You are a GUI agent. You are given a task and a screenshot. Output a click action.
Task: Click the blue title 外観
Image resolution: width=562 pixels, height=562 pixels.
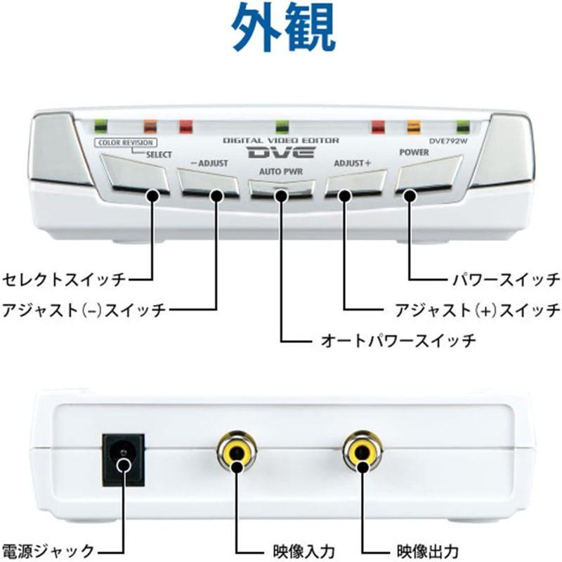pyautogui.click(x=284, y=27)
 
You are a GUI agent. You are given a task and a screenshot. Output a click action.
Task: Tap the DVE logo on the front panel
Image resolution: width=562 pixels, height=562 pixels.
pyautogui.click(x=282, y=152)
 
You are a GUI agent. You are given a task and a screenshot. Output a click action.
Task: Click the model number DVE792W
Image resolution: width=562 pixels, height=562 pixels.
pyautogui.click(x=448, y=141)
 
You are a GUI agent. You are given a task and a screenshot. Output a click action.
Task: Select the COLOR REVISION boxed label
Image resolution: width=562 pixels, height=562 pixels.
pyautogui.click(x=126, y=143)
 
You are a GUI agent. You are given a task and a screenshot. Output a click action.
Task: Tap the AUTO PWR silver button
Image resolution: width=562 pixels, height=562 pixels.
pyautogui.click(x=282, y=188)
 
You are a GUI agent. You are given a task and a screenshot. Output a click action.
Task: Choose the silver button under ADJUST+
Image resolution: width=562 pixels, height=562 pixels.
pyautogui.click(x=356, y=183)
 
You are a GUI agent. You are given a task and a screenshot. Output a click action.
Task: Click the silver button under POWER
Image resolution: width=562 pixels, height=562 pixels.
pyautogui.click(x=428, y=174)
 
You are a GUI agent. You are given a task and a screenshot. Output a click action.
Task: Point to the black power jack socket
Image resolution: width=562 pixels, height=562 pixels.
pyautogui.click(x=124, y=460)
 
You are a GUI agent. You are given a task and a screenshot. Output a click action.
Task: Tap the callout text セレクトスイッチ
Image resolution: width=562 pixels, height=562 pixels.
pyautogui.click(x=64, y=279)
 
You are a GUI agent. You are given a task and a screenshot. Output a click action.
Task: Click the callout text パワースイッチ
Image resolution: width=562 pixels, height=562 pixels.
pyautogui.click(x=506, y=279)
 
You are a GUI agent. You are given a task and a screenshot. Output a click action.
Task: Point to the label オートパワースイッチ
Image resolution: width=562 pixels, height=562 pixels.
pyautogui.click(x=398, y=340)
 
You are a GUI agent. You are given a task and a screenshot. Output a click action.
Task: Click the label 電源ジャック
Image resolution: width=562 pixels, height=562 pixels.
pyautogui.click(x=48, y=551)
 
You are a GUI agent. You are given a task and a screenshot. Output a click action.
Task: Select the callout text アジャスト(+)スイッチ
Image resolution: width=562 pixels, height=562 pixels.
pyautogui.click(x=478, y=310)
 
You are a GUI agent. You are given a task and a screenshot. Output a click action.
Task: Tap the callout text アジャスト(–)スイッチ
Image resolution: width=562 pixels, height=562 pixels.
pyautogui.click(x=84, y=310)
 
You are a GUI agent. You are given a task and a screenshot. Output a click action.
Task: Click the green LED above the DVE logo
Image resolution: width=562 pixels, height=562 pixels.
pyautogui.click(x=282, y=126)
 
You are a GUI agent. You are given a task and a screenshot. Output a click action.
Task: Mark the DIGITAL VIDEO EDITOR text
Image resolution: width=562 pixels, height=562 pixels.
pyautogui.click(x=282, y=140)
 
